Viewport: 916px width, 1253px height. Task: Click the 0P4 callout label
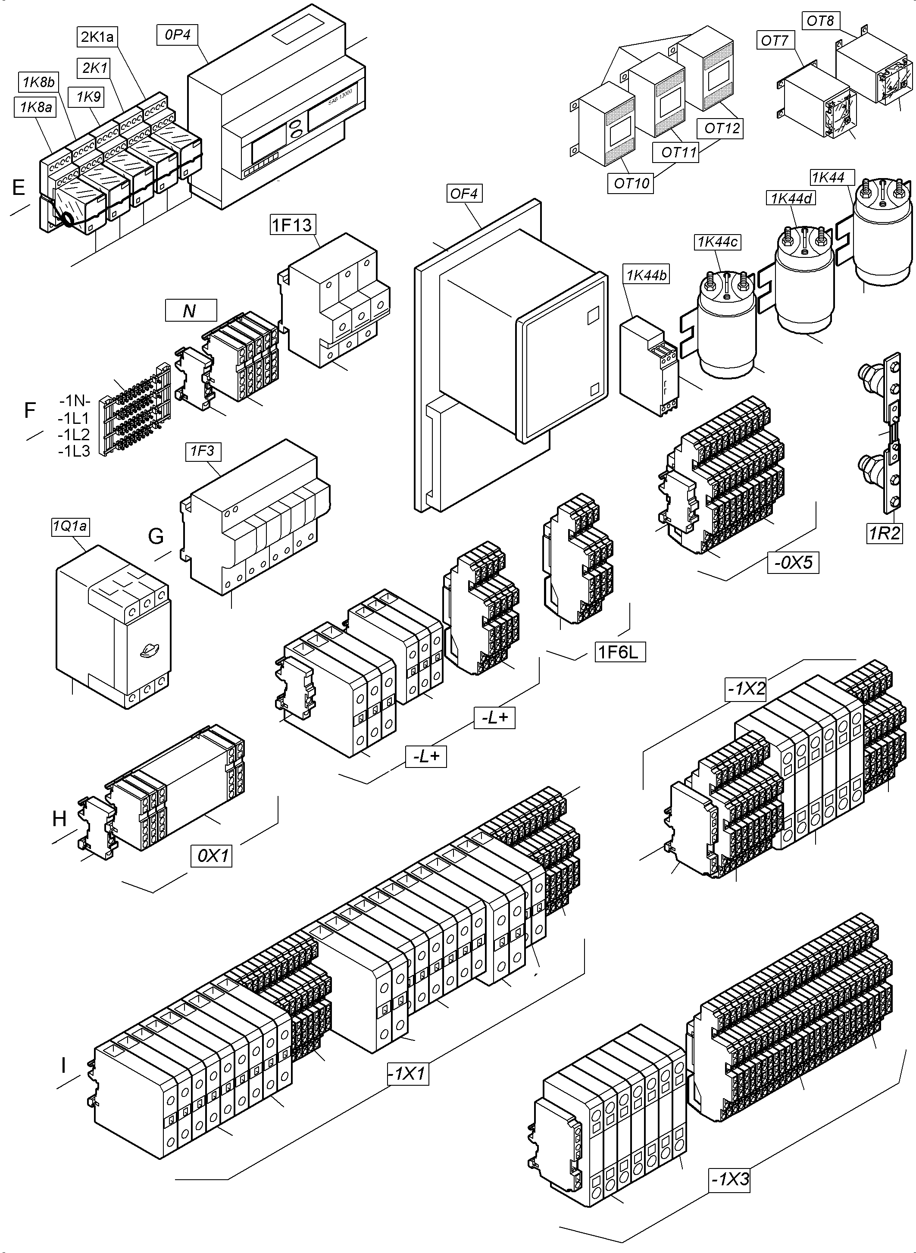178,35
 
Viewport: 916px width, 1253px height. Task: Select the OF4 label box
463,194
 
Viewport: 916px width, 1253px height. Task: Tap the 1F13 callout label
292,225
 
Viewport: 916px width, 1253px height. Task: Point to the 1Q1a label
70,526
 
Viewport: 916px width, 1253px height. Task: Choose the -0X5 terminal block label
793,562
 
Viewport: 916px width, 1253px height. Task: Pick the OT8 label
820,21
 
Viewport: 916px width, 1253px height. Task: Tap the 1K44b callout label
647,275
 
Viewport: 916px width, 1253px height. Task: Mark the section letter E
18,188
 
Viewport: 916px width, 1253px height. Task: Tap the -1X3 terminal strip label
731,1179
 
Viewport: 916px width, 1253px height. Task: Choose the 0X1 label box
211,856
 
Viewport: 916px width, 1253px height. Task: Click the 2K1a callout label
97,37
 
